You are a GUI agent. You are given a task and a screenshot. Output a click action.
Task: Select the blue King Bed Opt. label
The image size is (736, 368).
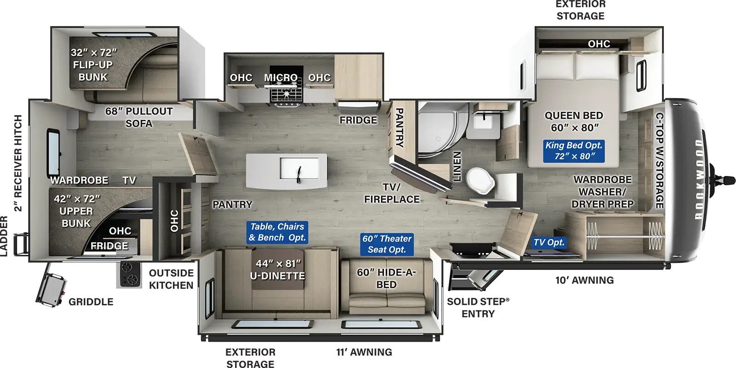click(x=574, y=151)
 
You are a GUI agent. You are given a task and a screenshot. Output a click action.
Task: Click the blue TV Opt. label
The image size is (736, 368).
click(x=549, y=242)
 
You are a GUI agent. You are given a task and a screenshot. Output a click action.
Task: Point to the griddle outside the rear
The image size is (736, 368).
click(x=51, y=289)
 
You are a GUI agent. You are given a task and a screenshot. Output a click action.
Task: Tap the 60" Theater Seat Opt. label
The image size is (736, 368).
click(x=386, y=244)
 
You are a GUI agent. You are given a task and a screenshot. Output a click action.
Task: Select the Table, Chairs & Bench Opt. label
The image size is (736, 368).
click(x=277, y=232)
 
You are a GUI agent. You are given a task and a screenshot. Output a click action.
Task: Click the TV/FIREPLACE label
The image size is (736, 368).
click(x=391, y=193)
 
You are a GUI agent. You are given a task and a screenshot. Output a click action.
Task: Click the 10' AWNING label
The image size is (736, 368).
click(x=584, y=280)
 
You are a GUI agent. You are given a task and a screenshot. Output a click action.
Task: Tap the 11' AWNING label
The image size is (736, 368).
click(x=364, y=352)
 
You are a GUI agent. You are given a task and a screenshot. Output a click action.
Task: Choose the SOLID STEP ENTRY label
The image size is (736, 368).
click(x=478, y=307)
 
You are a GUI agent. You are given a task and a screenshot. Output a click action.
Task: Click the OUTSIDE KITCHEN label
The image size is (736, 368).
click(x=171, y=279)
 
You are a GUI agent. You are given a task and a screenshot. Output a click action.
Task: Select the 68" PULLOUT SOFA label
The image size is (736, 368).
click(x=138, y=117)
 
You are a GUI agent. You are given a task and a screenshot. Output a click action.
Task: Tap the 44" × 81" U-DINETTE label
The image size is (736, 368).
click(x=277, y=269)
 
